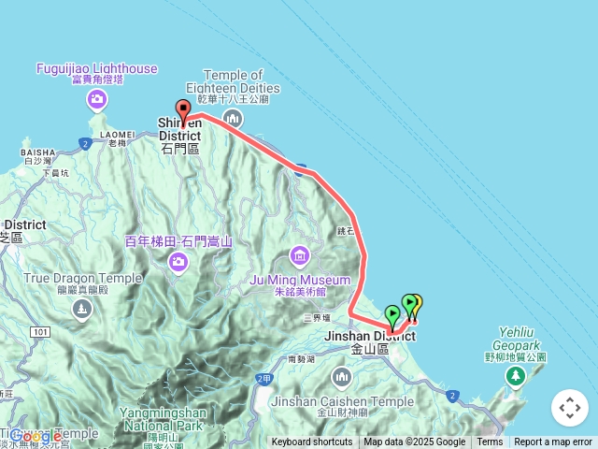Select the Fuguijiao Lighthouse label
point(97,68)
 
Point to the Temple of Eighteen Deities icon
point(233,118)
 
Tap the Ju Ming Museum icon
point(300,254)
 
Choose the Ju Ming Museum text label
point(300,279)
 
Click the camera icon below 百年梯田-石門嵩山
point(178,265)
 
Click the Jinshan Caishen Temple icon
point(341,378)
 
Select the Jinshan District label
point(368,336)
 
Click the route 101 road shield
point(40,332)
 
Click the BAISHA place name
point(38,152)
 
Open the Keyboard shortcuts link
point(312,442)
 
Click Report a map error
point(553,442)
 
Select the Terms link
point(490,442)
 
